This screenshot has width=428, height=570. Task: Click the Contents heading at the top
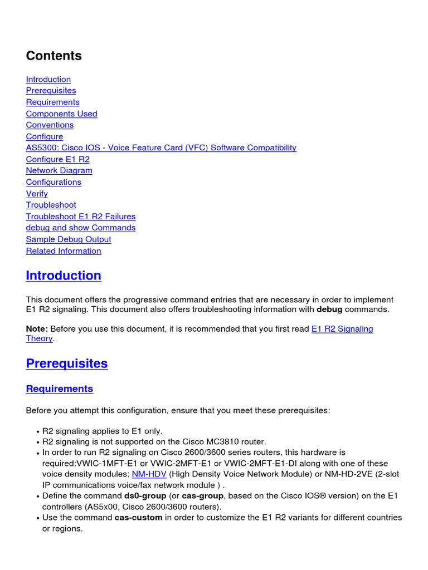click(x=53, y=56)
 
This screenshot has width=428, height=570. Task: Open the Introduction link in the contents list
click(x=48, y=79)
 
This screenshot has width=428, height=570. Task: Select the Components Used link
click(x=61, y=114)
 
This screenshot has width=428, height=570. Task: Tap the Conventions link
click(x=50, y=125)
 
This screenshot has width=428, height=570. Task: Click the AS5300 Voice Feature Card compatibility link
click(x=161, y=148)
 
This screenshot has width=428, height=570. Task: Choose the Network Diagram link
click(x=59, y=170)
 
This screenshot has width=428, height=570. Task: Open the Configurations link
click(x=53, y=182)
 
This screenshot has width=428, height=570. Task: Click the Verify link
click(x=37, y=194)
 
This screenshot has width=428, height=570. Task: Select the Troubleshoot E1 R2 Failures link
click(x=81, y=217)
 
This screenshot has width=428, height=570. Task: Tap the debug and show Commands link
click(x=81, y=228)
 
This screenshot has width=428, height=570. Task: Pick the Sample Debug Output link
click(x=69, y=239)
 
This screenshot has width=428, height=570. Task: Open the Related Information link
click(x=64, y=251)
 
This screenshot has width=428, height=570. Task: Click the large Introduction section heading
click(x=64, y=276)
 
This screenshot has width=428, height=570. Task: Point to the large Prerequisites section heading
click(x=67, y=363)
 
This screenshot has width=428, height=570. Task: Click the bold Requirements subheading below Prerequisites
click(x=60, y=389)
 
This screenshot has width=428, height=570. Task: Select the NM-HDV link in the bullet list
click(x=149, y=474)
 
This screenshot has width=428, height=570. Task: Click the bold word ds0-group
click(x=145, y=496)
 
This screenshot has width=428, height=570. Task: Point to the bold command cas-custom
click(x=138, y=518)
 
